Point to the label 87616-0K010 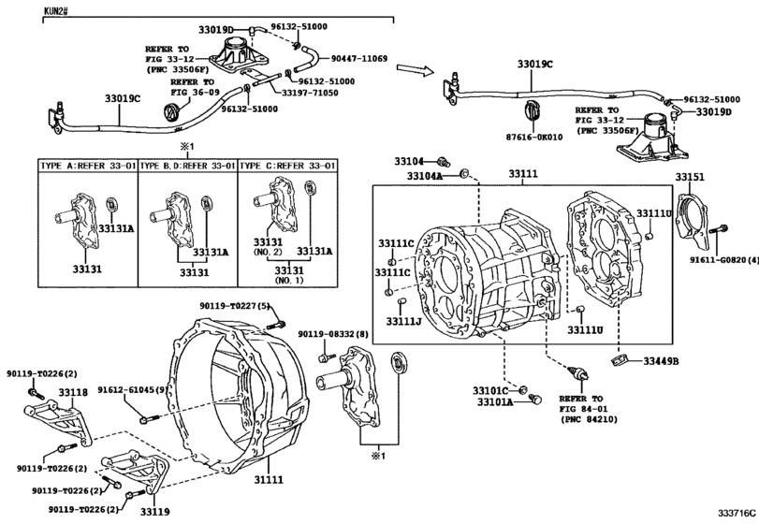pos(533,136)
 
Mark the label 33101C pos(489,389)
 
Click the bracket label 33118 pos(73,392)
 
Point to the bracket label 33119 pos(154,512)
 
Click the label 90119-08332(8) pos(334,334)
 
